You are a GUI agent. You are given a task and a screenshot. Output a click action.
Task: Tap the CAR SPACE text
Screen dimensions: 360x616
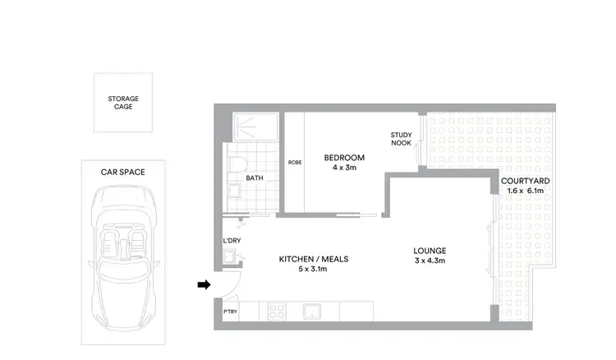point(123,172)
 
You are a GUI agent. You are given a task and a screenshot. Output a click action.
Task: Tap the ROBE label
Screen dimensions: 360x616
point(294,163)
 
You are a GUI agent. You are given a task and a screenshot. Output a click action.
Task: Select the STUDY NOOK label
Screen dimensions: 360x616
point(401,139)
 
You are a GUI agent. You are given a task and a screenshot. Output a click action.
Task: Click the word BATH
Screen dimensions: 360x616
point(255,178)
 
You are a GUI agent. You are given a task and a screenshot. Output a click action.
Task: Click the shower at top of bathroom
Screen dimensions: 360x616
point(255,127)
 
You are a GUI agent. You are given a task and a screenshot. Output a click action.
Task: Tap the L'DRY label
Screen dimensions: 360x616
point(232,241)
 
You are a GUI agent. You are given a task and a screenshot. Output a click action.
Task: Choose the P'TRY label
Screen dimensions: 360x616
point(231,313)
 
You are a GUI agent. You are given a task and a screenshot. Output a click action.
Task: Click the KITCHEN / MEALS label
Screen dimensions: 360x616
point(314,259)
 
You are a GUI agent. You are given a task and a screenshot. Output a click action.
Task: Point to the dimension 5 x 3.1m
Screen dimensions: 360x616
point(314,269)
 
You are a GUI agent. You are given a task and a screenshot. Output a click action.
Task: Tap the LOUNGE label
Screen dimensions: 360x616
point(430,251)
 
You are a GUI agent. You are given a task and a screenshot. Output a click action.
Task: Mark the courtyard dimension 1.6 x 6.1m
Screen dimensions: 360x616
point(526,191)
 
